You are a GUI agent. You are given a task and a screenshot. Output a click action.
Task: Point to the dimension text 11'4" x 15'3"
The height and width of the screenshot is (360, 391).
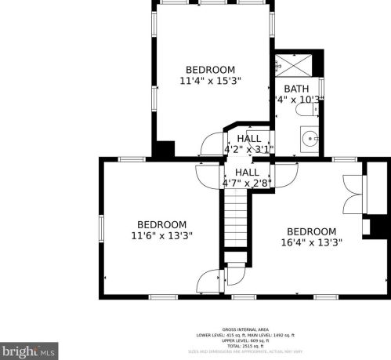tap(210, 81)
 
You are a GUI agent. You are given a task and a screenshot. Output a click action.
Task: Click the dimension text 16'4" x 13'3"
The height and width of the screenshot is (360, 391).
tap(311, 243)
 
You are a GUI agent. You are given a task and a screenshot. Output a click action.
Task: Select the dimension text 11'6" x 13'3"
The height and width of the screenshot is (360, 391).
tap(161, 235)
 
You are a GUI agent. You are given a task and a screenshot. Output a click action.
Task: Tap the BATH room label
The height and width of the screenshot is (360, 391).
tap(296, 89)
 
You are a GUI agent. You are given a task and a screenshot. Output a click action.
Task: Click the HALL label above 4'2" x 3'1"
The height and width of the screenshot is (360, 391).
tap(249, 138)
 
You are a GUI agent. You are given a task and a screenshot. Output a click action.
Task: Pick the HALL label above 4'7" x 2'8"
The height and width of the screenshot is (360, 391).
tap(247, 173)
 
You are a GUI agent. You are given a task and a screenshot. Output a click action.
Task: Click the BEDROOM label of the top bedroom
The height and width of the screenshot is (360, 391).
tap(210, 69)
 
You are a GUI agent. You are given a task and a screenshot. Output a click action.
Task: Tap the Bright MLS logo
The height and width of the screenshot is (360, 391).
tap(30, 349)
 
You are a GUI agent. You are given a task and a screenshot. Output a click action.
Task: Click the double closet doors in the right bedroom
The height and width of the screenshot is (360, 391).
tap(353, 192)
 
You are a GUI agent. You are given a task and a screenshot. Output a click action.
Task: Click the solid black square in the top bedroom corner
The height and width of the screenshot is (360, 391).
tap(165, 149)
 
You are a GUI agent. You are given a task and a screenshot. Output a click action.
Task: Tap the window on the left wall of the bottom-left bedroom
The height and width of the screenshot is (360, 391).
tap(100, 228)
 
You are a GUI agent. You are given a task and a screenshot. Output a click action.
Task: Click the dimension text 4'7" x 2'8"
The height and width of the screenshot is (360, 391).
tap(247, 184)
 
